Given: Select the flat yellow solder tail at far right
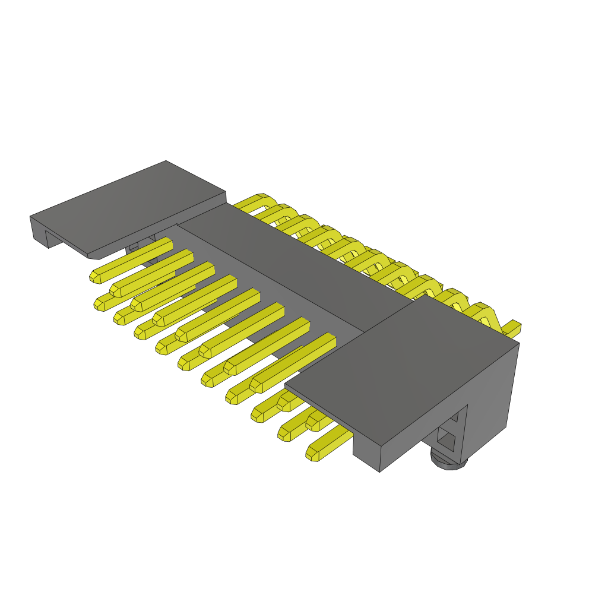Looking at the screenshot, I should click(512, 326).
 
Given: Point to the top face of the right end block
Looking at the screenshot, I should click(404, 368).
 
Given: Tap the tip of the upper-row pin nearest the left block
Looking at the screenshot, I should click(95, 277).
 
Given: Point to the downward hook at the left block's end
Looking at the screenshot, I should click(39, 232).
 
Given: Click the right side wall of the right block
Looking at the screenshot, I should click(493, 392).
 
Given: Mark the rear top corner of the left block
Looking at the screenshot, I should click(166, 161).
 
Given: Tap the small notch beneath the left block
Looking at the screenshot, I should click(133, 246).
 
